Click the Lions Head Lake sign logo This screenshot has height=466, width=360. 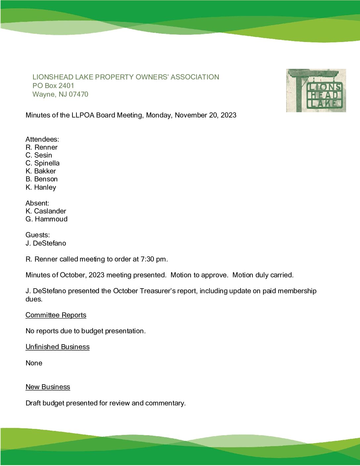click(x=316, y=90)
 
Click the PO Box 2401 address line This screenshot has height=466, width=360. click(x=53, y=86)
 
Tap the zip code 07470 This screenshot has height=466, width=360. click(x=78, y=94)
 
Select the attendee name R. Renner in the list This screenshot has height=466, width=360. click(x=41, y=147)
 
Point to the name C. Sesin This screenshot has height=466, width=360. click(x=39, y=155)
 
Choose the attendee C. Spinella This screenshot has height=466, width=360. click(x=42, y=163)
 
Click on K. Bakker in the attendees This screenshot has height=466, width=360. click(x=41, y=171)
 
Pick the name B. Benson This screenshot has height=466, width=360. click(x=41, y=179)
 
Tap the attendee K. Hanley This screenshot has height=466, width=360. click(x=41, y=187)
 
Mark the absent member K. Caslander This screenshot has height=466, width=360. click(x=46, y=211)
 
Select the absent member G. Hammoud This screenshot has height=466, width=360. click(x=46, y=219)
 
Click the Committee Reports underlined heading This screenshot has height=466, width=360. click(x=56, y=315)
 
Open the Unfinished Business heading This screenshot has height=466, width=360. click(x=58, y=347)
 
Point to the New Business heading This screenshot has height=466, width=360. click(x=48, y=387)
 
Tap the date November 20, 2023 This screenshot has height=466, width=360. click(x=205, y=115)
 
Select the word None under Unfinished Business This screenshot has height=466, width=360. click(x=34, y=363)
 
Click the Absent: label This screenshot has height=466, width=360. click(x=37, y=203)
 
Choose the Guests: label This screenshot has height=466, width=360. click(x=37, y=235)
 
